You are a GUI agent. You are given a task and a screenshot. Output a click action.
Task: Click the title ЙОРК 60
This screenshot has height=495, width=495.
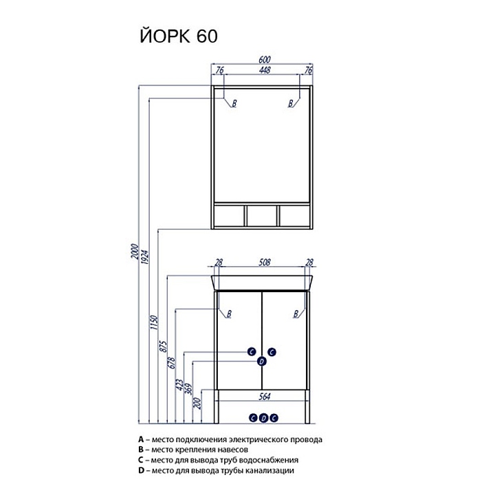(x=178, y=36)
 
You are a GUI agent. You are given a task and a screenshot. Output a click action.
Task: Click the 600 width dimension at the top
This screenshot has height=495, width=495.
(x=265, y=60)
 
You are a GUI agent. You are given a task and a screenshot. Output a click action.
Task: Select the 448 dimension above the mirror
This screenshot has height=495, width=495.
(x=265, y=70)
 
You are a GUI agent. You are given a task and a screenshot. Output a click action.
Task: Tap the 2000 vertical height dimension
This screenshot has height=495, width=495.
(x=135, y=252)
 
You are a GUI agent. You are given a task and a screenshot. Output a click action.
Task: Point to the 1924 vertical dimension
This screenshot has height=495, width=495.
(x=144, y=256)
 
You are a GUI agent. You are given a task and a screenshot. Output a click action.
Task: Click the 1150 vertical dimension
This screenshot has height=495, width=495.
(x=154, y=322)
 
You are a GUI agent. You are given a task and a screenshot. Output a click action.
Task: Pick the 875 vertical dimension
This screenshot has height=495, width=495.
(x=163, y=346)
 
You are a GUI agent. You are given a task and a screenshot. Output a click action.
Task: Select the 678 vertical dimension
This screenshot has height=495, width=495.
(x=172, y=363)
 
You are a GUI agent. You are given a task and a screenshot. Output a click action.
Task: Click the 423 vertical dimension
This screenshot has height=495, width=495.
(x=180, y=385)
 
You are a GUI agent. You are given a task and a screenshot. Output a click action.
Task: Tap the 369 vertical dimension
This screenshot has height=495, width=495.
(x=188, y=389)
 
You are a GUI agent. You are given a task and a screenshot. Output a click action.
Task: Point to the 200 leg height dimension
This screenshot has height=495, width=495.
(x=197, y=403)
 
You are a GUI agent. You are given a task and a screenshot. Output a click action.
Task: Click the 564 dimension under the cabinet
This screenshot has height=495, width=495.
(x=265, y=397)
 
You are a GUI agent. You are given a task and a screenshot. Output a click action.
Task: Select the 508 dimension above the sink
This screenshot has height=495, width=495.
(x=265, y=263)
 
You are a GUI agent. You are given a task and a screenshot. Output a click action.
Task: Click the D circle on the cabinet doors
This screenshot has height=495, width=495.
(x=262, y=362)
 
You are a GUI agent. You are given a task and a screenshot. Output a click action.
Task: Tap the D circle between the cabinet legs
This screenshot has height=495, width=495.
(x=263, y=418)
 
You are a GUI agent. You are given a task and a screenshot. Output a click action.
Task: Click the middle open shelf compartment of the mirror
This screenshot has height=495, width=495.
(x=262, y=216)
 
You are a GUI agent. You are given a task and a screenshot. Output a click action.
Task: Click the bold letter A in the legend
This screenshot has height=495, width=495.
(x=141, y=439)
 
